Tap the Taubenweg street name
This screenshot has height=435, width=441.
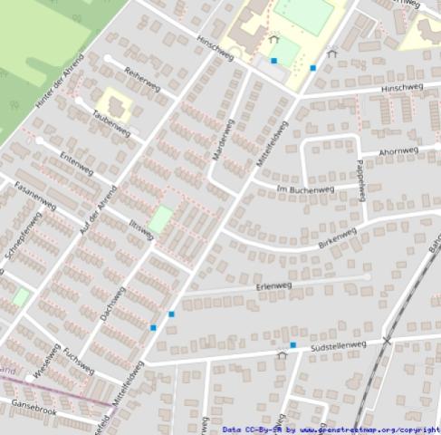coord(112,127)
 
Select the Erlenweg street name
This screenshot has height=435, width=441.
coord(273,286)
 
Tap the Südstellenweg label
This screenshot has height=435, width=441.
coord(337,347)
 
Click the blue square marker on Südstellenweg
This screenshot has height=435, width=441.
coord(292,345)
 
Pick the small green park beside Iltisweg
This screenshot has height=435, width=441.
coord(160,218)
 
